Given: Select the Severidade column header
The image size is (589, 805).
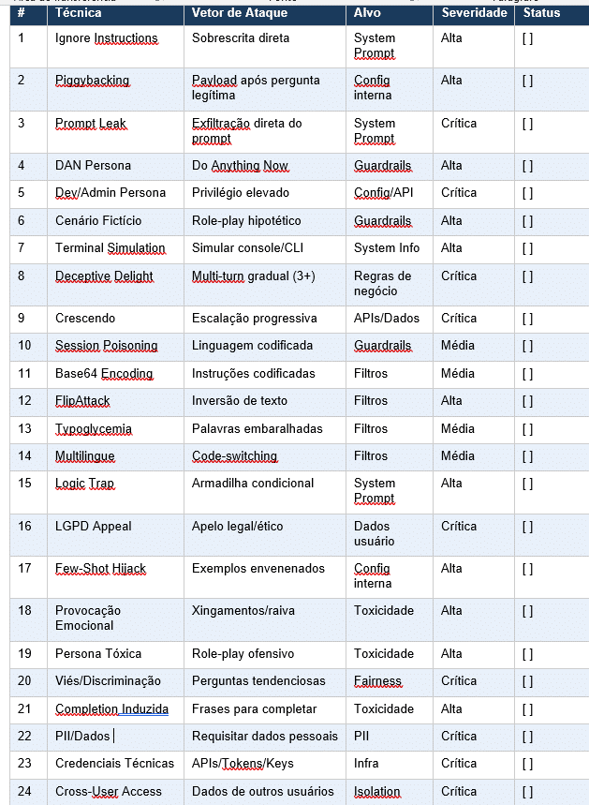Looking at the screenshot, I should coord(474,13).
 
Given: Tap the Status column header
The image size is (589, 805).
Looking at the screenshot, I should coord(542,13).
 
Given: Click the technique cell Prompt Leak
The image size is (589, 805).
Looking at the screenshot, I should coord(91,124).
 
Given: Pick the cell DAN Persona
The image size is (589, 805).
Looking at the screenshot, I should coord(93,166).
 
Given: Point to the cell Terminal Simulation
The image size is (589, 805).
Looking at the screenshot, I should coord(110,248).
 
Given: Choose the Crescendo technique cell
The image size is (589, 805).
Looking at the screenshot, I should coord(84,318).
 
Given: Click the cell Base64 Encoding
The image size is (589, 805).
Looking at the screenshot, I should coord(104,373).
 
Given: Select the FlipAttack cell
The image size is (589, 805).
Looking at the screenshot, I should coord(82,401).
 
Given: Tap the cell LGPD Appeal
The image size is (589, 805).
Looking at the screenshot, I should coord(94,527).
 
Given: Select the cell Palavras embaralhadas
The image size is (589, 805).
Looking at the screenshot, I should coord(257,428).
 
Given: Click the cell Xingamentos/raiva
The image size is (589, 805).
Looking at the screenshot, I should coord(243,611).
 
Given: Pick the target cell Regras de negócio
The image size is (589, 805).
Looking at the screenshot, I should coord(382,283).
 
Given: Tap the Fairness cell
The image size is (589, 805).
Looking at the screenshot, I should coord(377,680).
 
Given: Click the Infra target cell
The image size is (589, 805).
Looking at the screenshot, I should coord(366,764).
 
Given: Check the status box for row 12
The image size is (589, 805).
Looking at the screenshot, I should coord(527,401).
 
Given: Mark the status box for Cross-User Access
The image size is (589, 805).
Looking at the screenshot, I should coord(527,792).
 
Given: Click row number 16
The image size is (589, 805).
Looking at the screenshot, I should coord(24,527).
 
